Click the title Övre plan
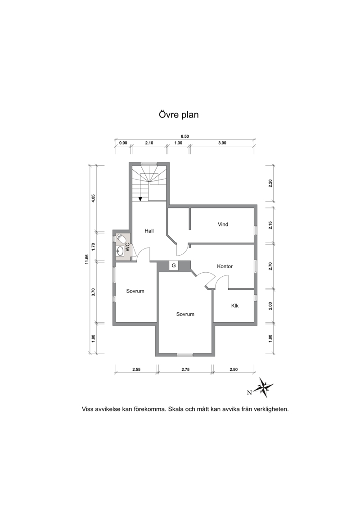coord(179,115)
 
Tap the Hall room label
coord(149,231)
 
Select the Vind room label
coord(223,224)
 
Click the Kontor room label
coord(225,266)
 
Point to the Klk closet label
coord(235,306)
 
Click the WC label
coord(127,247)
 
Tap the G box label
coord(174,266)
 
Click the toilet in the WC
coord(121,239)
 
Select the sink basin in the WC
coord(121,251)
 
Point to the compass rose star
coord(264,387)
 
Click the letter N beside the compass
coord(249,393)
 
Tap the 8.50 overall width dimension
coord(184,137)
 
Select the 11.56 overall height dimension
coord(87,259)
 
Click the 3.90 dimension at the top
coord(222,143)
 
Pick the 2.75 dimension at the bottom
coord(185,369)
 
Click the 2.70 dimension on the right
coord(270,266)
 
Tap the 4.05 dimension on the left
coord(93,198)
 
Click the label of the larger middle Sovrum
coord(185,314)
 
